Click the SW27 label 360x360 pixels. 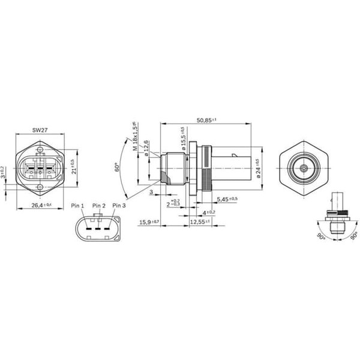point(40,128)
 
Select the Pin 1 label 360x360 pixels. point(78,206)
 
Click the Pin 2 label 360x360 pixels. point(98,206)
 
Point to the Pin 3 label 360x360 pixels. point(119,206)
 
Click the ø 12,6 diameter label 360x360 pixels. point(146,147)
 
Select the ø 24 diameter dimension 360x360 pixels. point(257,168)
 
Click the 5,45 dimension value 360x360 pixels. point(226,199)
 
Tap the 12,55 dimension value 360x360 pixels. point(200,221)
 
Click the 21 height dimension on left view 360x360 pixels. point(73,166)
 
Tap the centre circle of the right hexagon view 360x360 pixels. point(304,169)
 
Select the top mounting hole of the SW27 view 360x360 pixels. point(40,149)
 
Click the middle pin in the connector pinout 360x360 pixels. point(98,229)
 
